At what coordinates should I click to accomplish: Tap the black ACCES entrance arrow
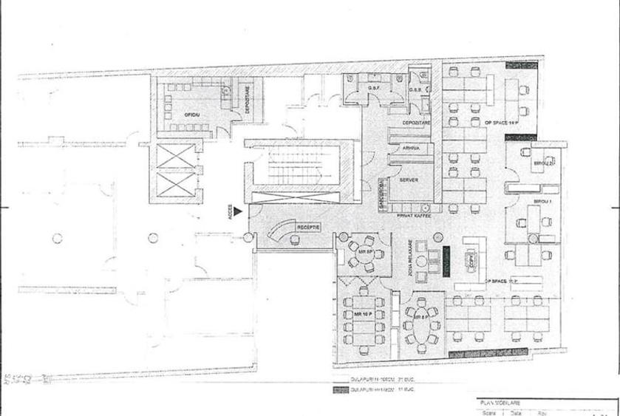point(238,212)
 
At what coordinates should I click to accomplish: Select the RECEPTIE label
point(308,227)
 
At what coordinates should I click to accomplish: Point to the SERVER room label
point(409,180)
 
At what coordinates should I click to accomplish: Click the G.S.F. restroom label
point(373,89)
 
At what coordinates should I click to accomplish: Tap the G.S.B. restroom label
point(415,90)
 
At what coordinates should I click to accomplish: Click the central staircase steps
point(296,167)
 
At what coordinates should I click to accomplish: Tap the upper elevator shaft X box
point(174,157)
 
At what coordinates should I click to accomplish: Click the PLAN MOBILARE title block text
point(500,403)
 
